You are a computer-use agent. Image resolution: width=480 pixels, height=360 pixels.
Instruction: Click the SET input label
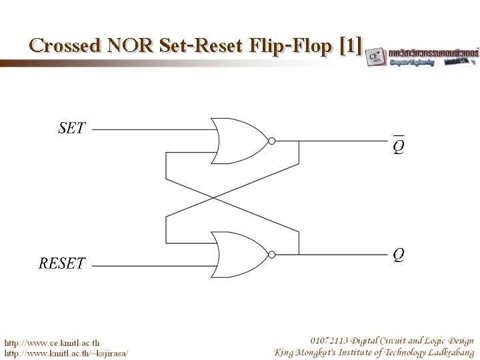pyautogui.click(x=72, y=127)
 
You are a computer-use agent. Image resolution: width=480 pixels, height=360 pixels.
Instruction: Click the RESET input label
pyautogui.click(x=62, y=263)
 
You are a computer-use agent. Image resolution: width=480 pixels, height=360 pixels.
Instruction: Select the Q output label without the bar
pyautogui.click(x=398, y=254)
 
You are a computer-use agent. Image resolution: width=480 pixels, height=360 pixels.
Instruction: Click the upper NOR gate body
pyautogui.click(x=237, y=141)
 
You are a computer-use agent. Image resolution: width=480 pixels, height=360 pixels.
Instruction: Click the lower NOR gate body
pyautogui.click(x=237, y=254)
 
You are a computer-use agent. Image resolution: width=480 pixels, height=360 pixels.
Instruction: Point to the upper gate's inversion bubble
pyautogui.click(x=271, y=141)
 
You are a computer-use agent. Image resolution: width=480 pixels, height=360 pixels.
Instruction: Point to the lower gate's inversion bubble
pyautogui.click(x=271, y=254)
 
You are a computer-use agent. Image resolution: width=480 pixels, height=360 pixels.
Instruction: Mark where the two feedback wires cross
pyautogui.click(x=214, y=197)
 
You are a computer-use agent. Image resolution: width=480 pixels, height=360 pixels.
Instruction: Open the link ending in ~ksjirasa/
pyautogui.click(x=67, y=352)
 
